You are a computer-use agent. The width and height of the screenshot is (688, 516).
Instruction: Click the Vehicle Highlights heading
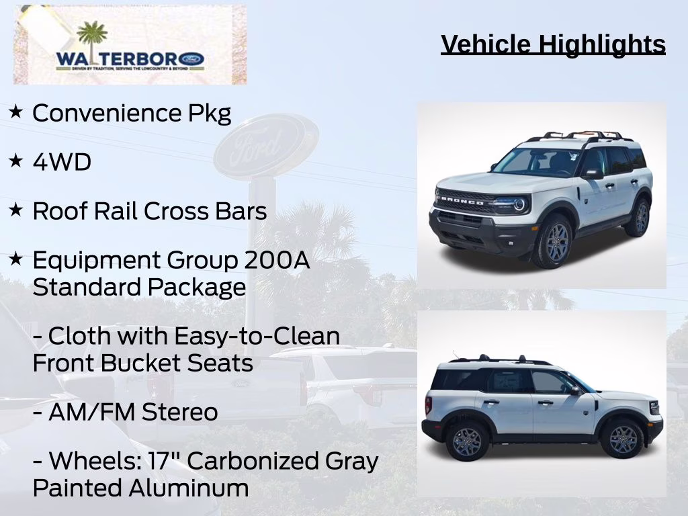[x=553, y=44]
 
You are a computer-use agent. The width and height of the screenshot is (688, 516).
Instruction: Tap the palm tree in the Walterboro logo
[x=92, y=37]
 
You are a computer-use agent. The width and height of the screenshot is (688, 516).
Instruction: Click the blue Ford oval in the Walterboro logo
[x=191, y=59]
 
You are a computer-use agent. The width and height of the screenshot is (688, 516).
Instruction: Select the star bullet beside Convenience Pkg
[x=15, y=111]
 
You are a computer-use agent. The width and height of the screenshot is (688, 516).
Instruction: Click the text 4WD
[x=62, y=162]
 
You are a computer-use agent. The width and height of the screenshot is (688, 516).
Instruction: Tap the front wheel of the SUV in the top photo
[x=553, y=241]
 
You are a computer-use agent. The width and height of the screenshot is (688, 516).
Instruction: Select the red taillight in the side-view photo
[x=428, y=404]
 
